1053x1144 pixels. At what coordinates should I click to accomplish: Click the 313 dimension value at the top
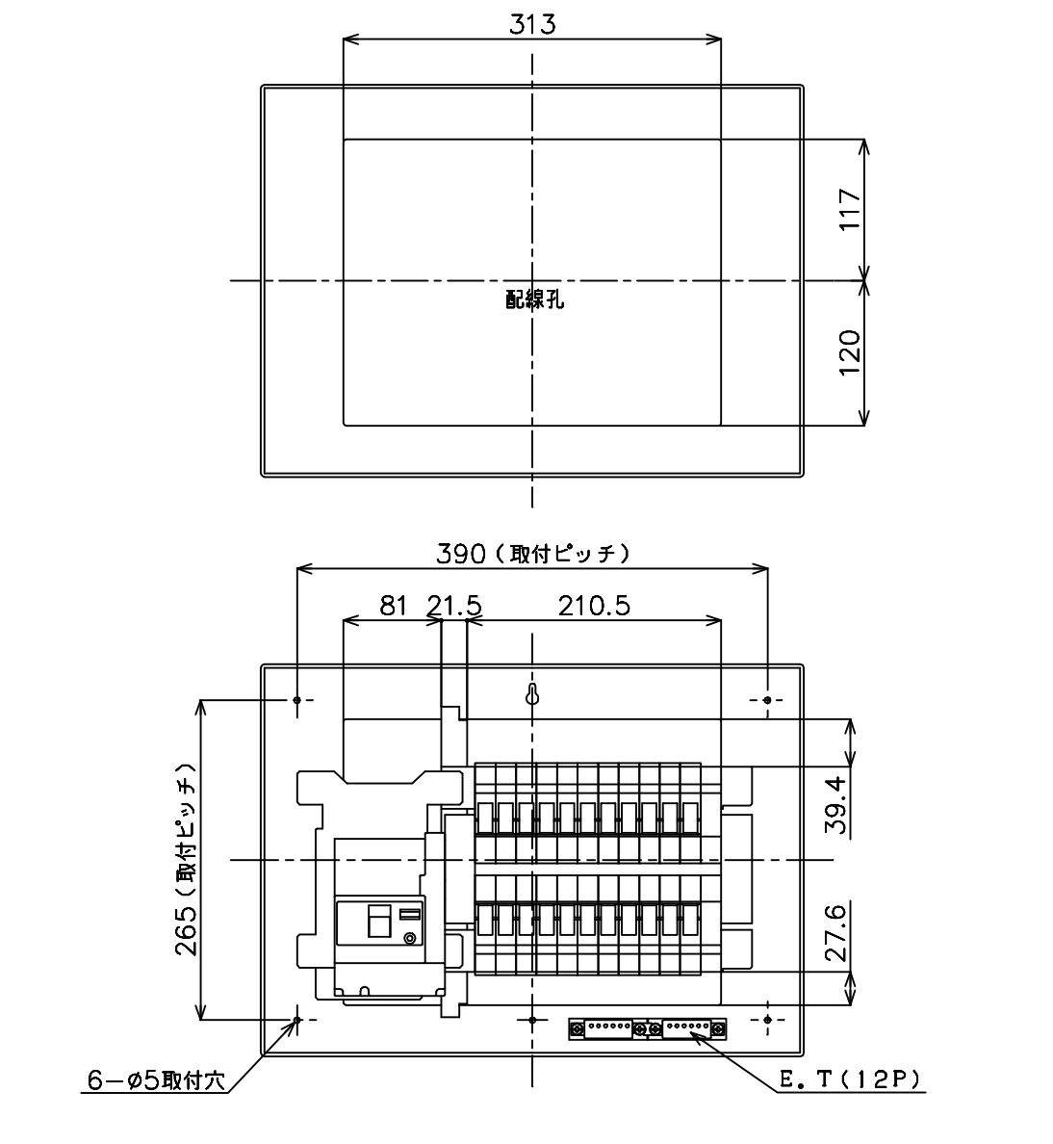(x=531, y=24)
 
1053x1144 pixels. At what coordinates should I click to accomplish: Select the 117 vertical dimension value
(x=850, y=209)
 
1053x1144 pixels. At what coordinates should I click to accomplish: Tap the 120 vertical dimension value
(x=850, y=352)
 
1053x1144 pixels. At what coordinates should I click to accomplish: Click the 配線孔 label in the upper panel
(x=534, y=299)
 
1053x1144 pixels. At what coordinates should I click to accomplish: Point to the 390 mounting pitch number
(x=461, y=554)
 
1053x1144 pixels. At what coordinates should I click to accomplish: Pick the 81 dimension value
(x=394, y=606)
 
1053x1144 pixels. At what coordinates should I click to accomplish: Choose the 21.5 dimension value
(x=454, y=606)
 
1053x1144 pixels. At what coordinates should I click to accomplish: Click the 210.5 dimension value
(x=594, y=606)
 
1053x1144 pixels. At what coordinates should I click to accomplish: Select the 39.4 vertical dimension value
(x=836, y=805)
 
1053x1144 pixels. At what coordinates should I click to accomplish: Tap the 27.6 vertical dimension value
(x=836, y=932)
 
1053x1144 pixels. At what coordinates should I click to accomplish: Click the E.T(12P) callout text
(x=850, y=1079)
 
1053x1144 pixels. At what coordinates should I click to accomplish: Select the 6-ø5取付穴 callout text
(x=157, y=1079)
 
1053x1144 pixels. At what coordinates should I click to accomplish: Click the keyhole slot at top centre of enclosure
(x=532, y=695)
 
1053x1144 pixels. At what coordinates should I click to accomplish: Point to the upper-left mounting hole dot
(x=296, y=700)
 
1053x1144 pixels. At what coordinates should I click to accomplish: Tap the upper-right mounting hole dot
(x=767, y=700)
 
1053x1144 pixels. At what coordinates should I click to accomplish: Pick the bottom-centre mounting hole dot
(x=532, y=1019)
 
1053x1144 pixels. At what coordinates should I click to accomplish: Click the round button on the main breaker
(x=410, y=938)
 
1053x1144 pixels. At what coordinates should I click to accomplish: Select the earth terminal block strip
(x=648, y=1028)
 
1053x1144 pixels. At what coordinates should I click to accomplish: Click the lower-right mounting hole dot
(x=767, y=1019)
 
